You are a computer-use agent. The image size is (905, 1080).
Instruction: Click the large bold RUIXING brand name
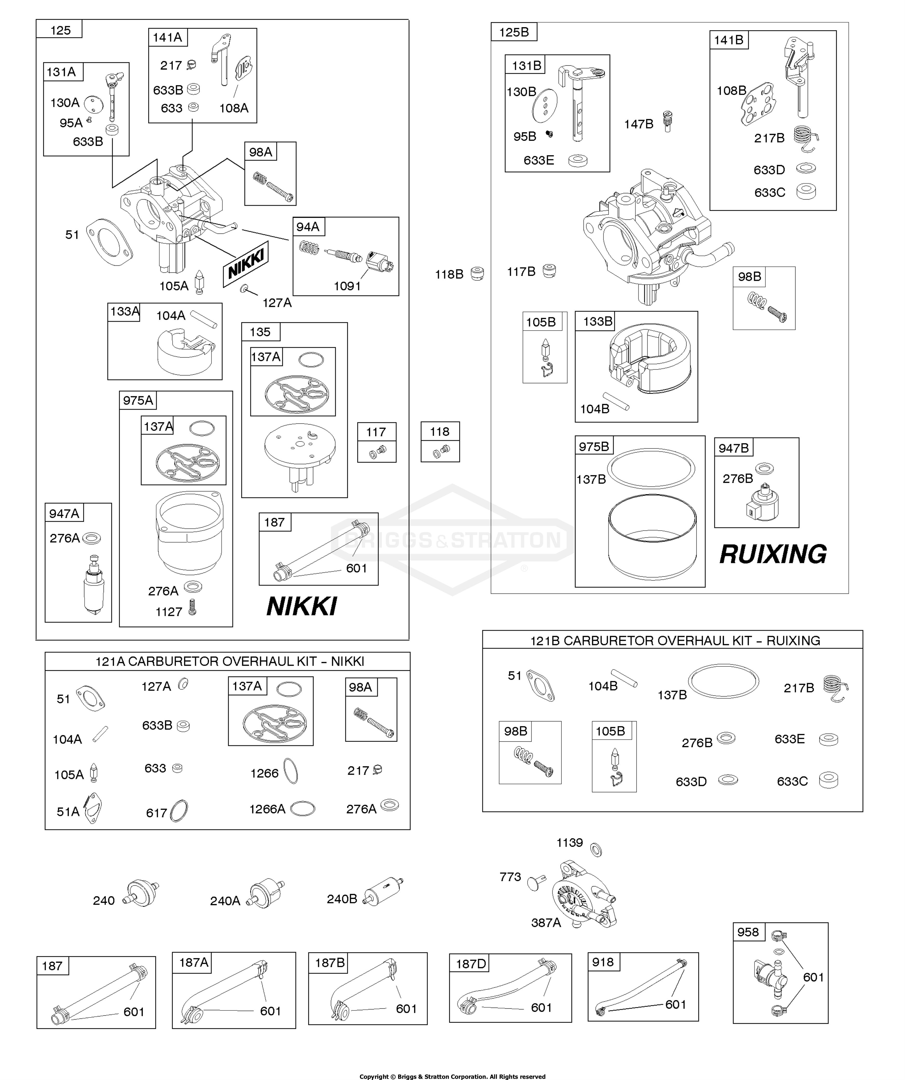(x=773, y=554)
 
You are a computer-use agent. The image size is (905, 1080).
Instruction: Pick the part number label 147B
(x=638, y=124)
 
